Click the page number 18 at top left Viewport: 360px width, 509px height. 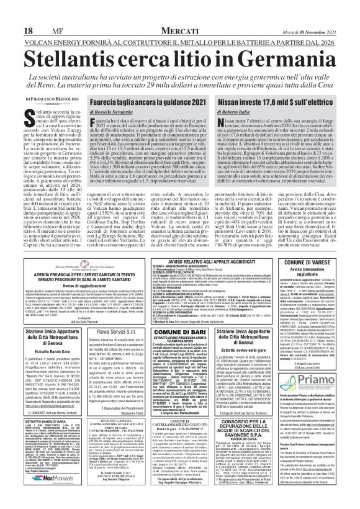(x=11, y=12)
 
